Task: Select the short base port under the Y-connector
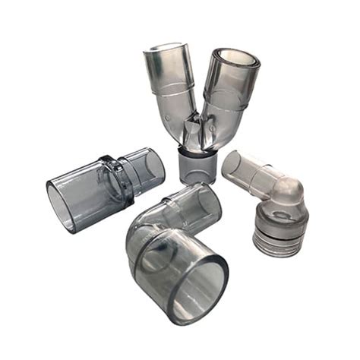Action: [x=195, y=165]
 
